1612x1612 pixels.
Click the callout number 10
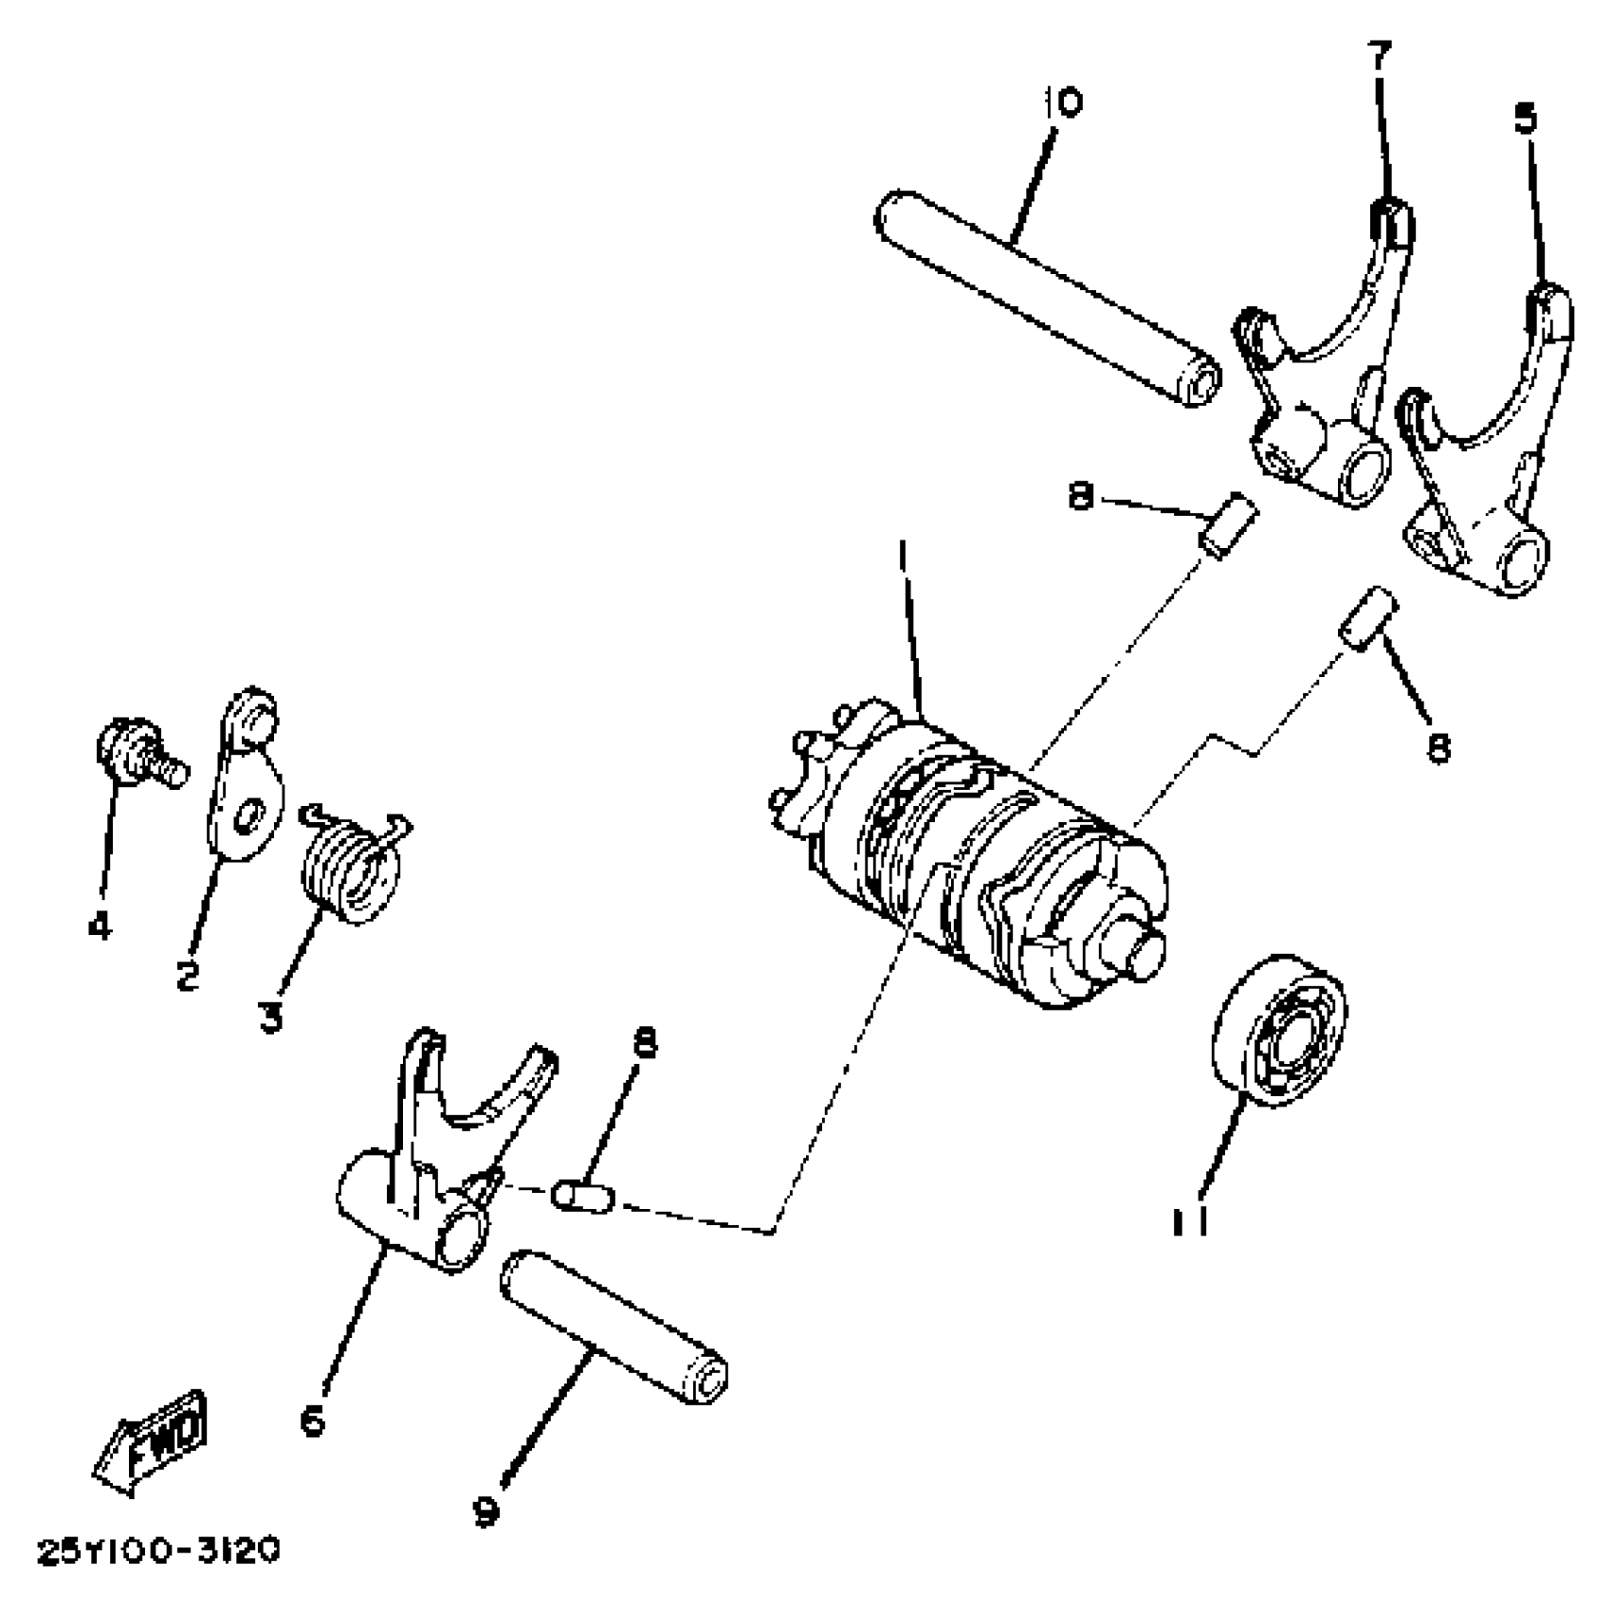tap(1063, 102)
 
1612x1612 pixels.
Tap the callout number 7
tap(1379, 57)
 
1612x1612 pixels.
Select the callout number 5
tap(1525, 120)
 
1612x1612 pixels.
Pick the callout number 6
tap(313, 1421)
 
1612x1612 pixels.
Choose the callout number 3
tap(271, 1018)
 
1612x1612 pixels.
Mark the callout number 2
tap(188, 974)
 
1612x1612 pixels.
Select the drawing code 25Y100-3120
tap(158, 1552)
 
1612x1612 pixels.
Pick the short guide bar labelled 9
tap(616, 1327)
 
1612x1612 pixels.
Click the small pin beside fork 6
tap(582, 1197)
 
